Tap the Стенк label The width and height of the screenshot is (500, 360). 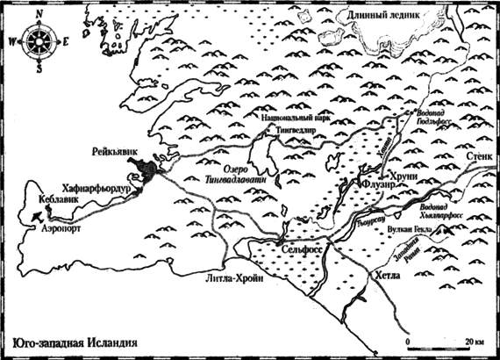[x=478, y=156]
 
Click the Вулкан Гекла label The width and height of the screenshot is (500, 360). [x=412, y=234]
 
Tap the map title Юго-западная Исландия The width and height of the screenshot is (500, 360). [x=70, y=343]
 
